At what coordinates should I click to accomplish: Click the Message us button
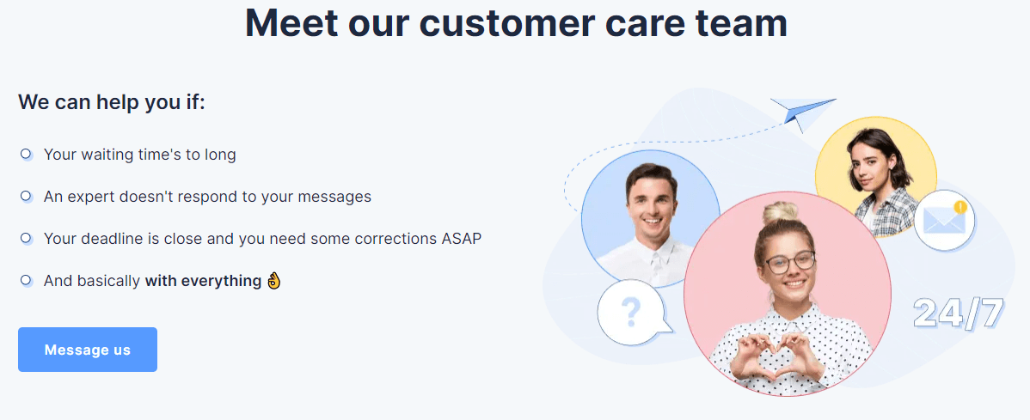(88, 350)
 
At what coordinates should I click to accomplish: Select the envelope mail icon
(944, 220)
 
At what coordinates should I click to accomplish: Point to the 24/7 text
(959, 313)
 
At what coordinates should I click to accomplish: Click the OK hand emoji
(274, 281)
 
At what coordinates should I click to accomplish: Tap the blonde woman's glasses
(789, 263)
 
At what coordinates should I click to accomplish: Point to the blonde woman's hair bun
(781, 213)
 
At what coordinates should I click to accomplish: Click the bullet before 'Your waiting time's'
(27, 155)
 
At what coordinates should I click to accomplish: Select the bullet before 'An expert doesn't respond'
(27, 196)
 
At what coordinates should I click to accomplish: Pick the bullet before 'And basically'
(27, 280)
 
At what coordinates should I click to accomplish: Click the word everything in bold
(221, 282)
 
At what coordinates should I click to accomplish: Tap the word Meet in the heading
(291, 24)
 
